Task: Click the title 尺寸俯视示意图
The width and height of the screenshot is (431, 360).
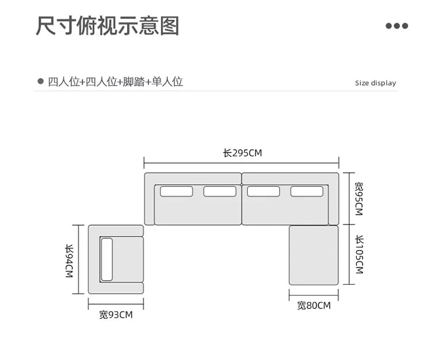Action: tap(108, 26)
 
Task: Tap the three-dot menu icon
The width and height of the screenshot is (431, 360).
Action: tap(397, 26)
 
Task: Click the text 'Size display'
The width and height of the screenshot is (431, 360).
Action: tap(375, 83)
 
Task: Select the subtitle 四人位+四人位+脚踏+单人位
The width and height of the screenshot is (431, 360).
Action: tap(115, 82)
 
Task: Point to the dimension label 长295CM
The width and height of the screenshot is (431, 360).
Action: tap(242, 153)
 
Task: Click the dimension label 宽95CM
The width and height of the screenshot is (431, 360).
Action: tap(359, 199)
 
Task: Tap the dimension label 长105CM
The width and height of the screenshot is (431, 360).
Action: tap(359, 254)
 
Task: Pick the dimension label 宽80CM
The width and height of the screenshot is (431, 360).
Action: tap(314, 305)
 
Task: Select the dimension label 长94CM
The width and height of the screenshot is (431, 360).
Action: tap(69, 260)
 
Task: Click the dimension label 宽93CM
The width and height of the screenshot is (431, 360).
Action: tap(116, 315)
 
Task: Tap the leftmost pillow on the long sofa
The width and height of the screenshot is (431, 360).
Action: tap(176, 191)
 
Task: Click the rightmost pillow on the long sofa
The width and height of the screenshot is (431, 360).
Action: tap(307, 191)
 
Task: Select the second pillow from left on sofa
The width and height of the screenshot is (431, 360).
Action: tap(220, 191)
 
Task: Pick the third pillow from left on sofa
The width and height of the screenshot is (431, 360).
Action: tap(263, 191)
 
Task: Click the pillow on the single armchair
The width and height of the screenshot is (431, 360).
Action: tap(107, 259)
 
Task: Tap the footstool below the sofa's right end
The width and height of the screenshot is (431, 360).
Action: tap(314, 255)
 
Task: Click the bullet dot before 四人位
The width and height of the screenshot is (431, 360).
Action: tap(40, 82)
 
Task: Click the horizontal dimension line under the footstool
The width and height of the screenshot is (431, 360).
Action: tap(314, 296)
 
